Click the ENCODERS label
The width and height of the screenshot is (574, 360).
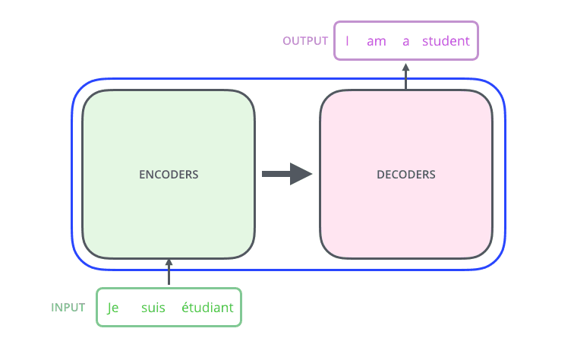pos(169,175)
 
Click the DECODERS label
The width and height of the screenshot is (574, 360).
pos(406,175)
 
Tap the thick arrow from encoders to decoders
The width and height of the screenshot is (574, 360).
pos(277,174)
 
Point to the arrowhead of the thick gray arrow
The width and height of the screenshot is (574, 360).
pos(301,174)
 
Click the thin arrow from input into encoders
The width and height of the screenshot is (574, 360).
pos(169,272)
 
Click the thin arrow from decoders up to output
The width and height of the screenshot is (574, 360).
pos(406,76)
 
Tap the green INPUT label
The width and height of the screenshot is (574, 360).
pos(68,308)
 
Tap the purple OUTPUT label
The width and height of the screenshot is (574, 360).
pos(305,41)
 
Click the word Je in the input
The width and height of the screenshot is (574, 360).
pos(114,308)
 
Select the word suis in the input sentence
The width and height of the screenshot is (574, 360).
pos(153,308)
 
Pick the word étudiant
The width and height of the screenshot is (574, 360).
pos(207,308)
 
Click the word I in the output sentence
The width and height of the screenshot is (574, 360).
pos(347,41)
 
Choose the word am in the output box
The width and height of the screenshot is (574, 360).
pos(377,41)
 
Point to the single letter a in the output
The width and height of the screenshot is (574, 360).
pos(406,41)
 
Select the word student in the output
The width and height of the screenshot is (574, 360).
pos(446,41)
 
